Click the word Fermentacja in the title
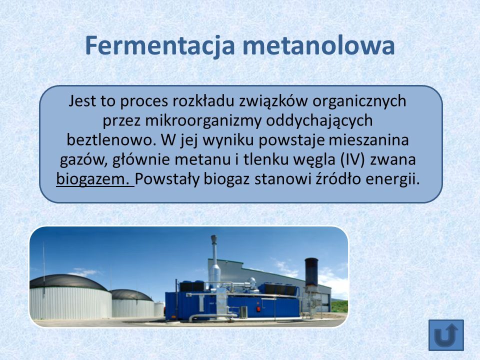tap(160, 46)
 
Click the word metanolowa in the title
tap(318, 45)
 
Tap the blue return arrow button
tap(446, 335)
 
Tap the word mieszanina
tap(369, 140)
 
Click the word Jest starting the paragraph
tap(82, 101)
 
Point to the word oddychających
tap(319, 121)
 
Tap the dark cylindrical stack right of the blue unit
tap(311, 271)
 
